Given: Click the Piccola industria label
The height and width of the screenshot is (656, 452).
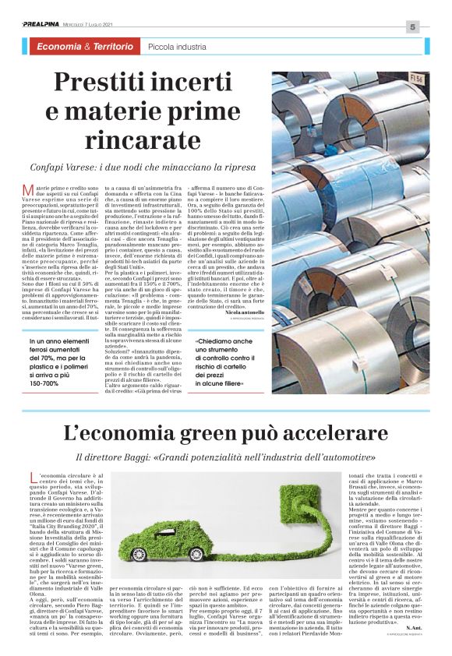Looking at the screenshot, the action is (177, 49).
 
